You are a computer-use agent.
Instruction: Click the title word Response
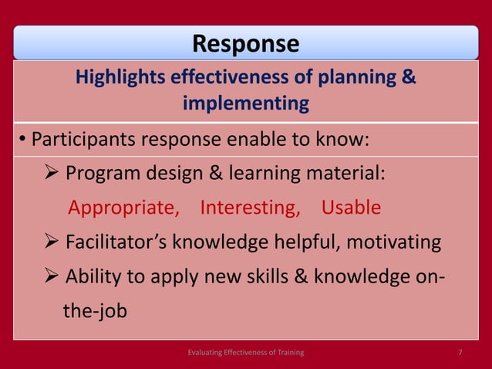(x=245, y=43)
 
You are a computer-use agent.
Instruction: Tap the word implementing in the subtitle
(x=246, y=103)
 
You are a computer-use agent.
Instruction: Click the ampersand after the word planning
(x=409, y=78)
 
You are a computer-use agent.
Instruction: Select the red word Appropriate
(x=124, y=208)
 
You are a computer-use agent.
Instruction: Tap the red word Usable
(x=351, y=208)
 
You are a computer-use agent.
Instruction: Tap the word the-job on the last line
(x=95, y=311)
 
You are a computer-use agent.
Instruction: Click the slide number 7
(x=460, y=352)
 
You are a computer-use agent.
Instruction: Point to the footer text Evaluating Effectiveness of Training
(x=246, y=352)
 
